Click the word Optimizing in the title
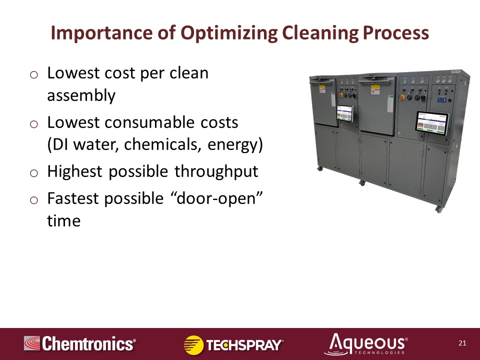click(229, 33)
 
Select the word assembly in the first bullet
click(81, 95)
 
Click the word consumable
click(150, 122)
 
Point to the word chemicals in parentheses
click(162, 144)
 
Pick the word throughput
click(216, 172)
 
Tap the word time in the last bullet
click(63, 220)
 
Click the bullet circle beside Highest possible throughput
click(34, 173)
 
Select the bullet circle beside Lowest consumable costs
click(34, 124)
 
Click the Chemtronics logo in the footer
click(80, 343)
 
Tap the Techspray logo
click(233, 344)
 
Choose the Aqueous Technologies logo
click(366, 344)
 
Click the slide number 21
click(462, 343)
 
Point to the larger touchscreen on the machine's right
click(431, 122)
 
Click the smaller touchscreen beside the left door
click(345, 113)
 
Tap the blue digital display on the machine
click(441, 100)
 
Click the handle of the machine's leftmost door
click(321, 81)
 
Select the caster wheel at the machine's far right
click(438, 209)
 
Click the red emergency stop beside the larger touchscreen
click(402, 97)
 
